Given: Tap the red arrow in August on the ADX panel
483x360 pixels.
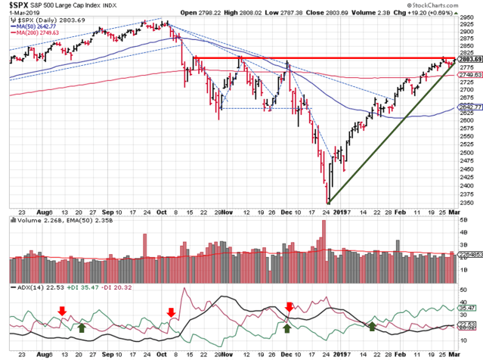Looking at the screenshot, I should point(63,311).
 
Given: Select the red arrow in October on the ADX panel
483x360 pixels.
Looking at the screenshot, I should point(172,312).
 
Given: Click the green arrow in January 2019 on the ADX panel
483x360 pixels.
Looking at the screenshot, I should point(371,326).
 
